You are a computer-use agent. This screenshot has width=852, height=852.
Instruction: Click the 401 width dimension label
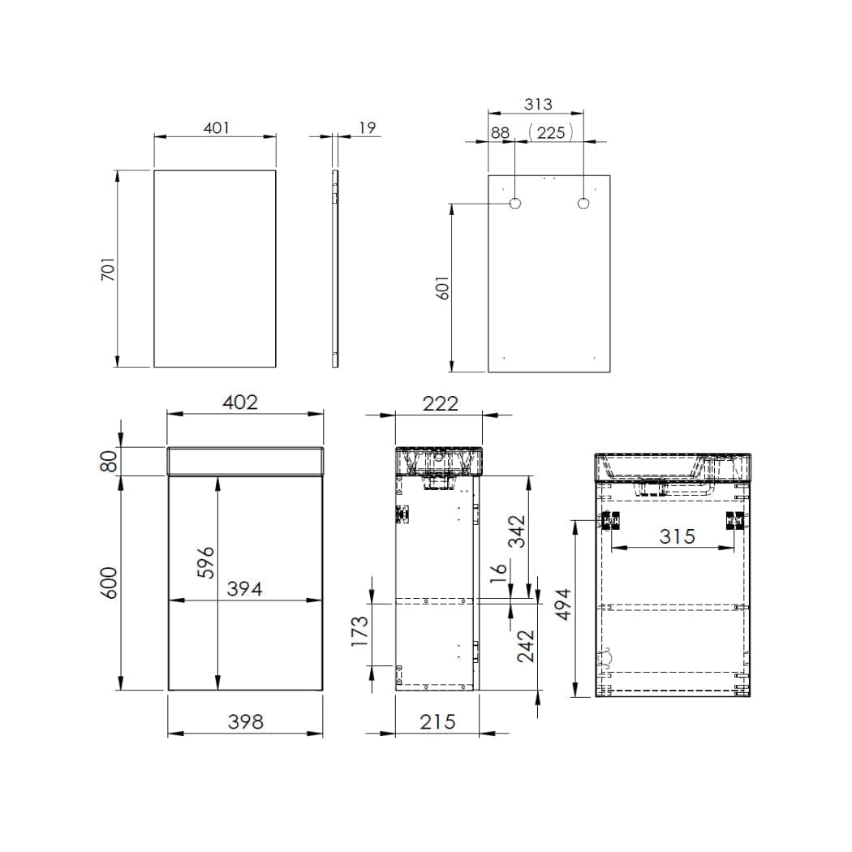[217, 128]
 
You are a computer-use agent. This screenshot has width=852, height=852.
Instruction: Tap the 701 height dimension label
[109, 269]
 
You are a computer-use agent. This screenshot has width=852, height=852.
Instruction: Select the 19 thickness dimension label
[368, 127]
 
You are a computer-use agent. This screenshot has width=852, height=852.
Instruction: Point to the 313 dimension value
[538, 105]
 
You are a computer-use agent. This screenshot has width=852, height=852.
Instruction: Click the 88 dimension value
[501, 132]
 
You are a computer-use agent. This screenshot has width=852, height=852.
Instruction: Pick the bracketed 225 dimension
[550, 132]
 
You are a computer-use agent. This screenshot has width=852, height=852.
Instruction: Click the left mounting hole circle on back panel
[514, 203]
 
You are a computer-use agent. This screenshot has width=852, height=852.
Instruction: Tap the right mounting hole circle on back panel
[583, 203]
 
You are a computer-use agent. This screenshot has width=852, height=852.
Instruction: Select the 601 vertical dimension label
[443, 288]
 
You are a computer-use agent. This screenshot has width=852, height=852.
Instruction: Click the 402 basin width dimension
[240, 402]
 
